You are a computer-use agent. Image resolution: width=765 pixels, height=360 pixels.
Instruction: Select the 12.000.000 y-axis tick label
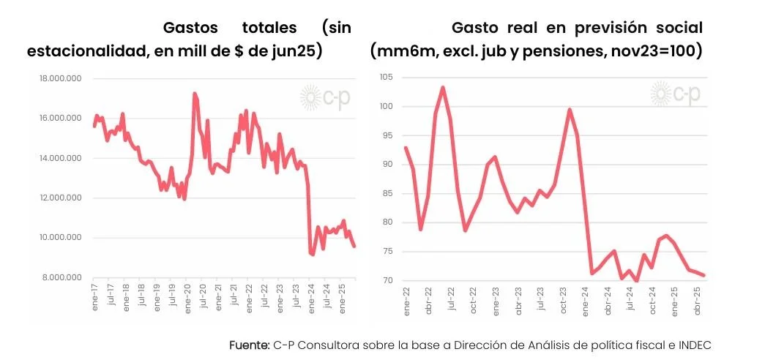tap(62, 198)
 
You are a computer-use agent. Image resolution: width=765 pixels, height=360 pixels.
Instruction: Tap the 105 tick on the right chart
tap(387, 78)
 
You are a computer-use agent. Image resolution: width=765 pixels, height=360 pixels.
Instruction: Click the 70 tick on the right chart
tap(389, 280)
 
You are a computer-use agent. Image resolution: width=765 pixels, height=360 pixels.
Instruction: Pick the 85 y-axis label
tap(389, 193)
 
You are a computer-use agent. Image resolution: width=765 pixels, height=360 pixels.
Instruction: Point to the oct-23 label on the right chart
tap(563, 300)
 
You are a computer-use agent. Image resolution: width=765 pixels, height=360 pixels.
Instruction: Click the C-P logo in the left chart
tap(326, 95)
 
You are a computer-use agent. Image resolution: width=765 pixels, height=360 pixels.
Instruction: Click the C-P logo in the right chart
tap(676, 94)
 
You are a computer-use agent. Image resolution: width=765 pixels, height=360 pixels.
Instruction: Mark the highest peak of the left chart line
tap(194, 93)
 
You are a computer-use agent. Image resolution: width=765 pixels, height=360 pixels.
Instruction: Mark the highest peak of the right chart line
tap(443, 87)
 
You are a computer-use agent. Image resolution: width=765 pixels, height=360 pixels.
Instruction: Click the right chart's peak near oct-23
tap(570, 110)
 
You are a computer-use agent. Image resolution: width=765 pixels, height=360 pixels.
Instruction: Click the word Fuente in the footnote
tap(250, 345)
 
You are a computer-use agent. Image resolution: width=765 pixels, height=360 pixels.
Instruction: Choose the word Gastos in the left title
tap(191, 28)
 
